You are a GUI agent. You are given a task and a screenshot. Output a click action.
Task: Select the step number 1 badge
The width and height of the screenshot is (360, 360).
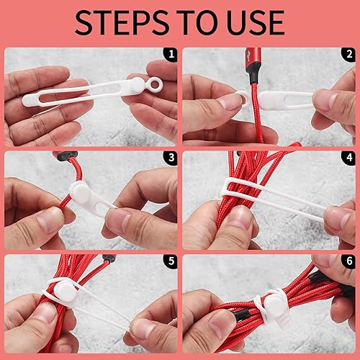click(170, 54)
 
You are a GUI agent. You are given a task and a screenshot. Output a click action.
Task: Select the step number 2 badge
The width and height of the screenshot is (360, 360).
click(348, 54)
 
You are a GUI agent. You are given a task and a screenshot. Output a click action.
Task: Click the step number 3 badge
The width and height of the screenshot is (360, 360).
click(170, 157)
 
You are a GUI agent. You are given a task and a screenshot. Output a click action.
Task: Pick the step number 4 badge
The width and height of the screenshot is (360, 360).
click(348, 157)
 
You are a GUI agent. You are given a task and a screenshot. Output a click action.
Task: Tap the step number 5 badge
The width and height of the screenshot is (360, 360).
click(170, 260)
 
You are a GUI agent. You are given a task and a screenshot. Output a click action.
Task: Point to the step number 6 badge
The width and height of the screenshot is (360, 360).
click(348, 260)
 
